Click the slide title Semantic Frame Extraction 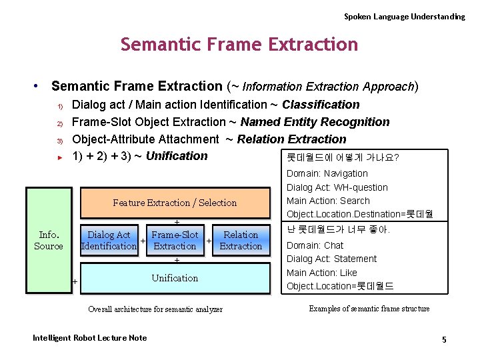tap(239, 45)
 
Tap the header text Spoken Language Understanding tap(404, 16)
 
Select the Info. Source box tap(49, 240)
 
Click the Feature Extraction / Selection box tap(175, 203)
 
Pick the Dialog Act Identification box tap(109, 240)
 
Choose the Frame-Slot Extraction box tap(175, 240)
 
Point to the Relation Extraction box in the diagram tap(241, 240)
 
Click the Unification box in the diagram tap(175, 278)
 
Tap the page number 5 tap(444, 340)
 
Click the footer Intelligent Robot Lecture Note tap(89, 338)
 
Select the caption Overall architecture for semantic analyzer tap(155, 309)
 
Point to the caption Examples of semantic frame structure tap(369, 309)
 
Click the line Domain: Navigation tap(327, 173)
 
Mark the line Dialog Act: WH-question tap(337, 187)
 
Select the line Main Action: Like tap(321, 273)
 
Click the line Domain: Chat tap(315, 245)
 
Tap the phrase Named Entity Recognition tap(315, 122)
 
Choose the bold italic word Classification tap(321, 105)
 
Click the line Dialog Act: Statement tap(331, 259)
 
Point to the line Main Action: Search tap(328, 201)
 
